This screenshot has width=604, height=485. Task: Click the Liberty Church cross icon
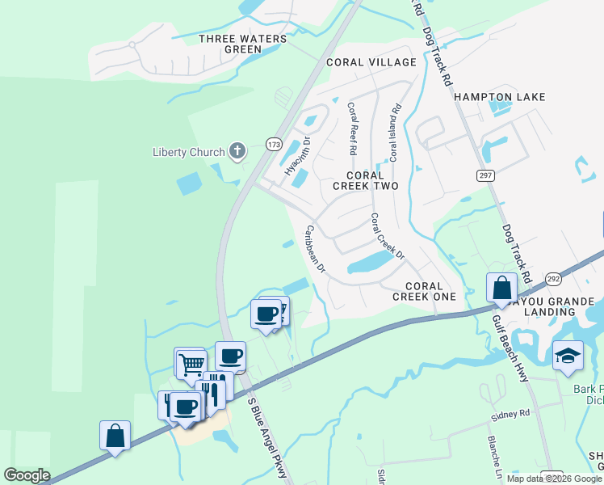pyautogui.click(x=237, y=150)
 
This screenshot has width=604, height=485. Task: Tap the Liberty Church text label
pyautogui.click(x=190, y=152)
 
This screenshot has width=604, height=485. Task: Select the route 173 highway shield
pyautogui.click(x=274, y=145)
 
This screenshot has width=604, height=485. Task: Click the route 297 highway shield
pyautogui.click(x=484, y=177)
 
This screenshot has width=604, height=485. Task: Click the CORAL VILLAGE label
pyautogui.click(x=371, y=62)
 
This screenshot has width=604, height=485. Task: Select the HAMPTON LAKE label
pyautogui.click(x=499, y=97)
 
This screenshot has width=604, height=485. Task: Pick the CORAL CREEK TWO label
pyautogui.click(x=366, y=180)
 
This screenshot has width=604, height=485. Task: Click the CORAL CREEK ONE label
pyautogui.click(x=424, y=291)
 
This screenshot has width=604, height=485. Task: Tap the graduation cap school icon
pyautogui.click(x=568, y=355)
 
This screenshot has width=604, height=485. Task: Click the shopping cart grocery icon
pyautogui.click(x=191, y=362)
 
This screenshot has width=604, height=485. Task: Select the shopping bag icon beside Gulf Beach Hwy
pyautogui.click(x=501, y=287)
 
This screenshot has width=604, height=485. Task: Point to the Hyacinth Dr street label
pyautogui.click(x=297, y=156)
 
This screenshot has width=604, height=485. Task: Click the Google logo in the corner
pyautogui.click(x=27, y=475)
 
